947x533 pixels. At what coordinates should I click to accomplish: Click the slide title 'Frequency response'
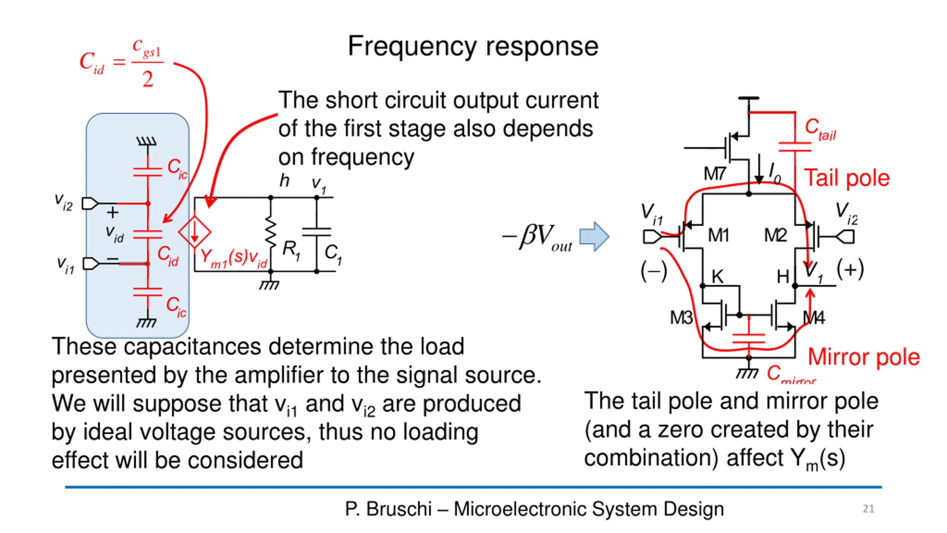click(x=473, y=47)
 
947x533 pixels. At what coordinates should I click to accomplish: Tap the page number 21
click(x=868, y=509)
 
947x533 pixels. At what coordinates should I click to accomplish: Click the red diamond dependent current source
click(x=195, y=232)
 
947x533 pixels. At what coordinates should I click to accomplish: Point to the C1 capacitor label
click(x=333, y=255)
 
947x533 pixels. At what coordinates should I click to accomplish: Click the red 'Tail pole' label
click(x=847, y=178)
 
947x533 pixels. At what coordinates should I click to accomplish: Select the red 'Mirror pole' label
click(x=863, y=357)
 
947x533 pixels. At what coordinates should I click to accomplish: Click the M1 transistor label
click(x=718, y=235)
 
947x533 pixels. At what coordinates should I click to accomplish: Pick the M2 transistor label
click(x=775, y=235)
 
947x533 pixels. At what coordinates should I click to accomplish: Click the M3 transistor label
click(x=681, y=318)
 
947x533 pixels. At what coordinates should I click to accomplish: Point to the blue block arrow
click(x=594, y=237)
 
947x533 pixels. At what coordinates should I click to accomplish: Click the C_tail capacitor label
click(x=820, y=129)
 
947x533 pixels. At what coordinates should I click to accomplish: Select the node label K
click(x=717, y=276)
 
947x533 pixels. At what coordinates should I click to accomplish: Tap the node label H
click(x=783, y=276)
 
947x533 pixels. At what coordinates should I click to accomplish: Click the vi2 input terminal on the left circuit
click(x=90, y=204)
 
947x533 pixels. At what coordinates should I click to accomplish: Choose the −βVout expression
click(x=537, y=237)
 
